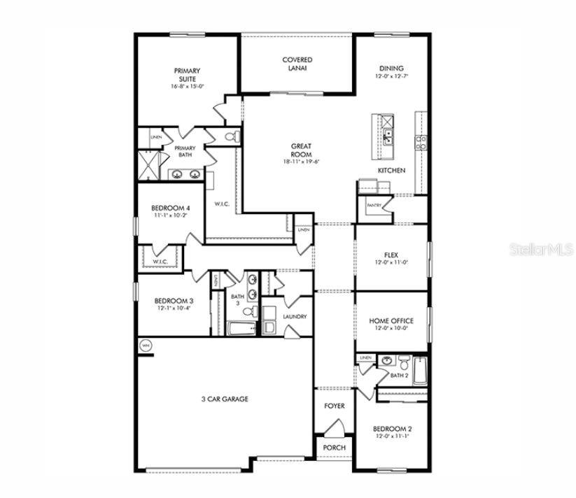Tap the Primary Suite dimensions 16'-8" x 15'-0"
click(187, 87)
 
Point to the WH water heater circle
click(146, 346)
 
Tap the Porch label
click(334, 448)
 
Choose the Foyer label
click(334, 406)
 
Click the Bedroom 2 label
click(392, 429)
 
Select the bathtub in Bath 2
click(419, 371)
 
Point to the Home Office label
click(392, 321)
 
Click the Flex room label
click(392, 255)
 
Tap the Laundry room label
click(295, 316)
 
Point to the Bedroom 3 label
click(174, 301)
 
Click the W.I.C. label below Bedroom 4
click(160, 262)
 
